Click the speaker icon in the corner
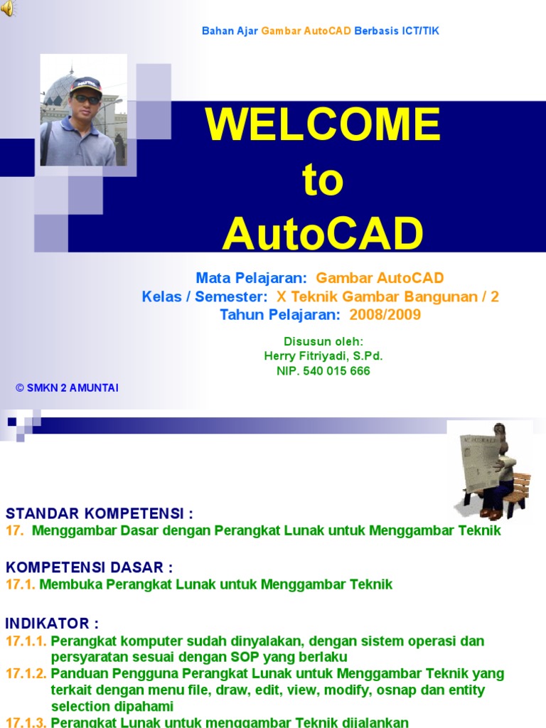coord(7,8)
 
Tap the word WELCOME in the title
coord(323,124)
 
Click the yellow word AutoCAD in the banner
coord(323,233)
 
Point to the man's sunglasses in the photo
coord(86,99)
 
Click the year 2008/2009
coord(385,315)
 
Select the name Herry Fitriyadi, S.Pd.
coord(323,356)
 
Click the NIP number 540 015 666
coord(336,371)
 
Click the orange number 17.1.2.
coord(26,674)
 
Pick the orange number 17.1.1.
coord(26,641)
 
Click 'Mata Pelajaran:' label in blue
coord(251,278)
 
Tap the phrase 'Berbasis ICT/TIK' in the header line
coord(397,31)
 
